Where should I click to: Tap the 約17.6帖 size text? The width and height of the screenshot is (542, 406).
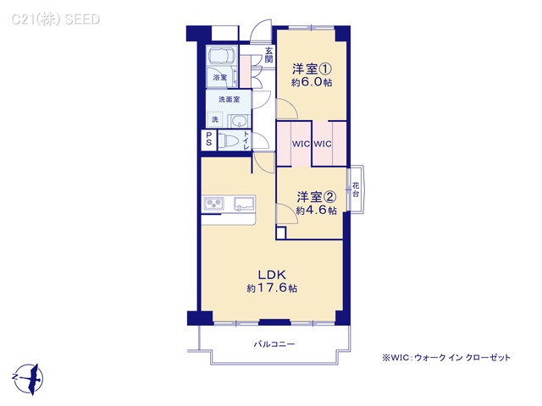(272, 288)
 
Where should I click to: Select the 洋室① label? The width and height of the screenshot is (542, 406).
(312, 69)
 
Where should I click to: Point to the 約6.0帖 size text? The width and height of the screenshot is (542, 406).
(312, 83)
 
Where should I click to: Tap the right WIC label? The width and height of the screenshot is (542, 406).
(323, 144)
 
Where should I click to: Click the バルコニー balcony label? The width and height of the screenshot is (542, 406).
(274, 345)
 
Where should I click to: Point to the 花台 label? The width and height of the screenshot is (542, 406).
(356, 189)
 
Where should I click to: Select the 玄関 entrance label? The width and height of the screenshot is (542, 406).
(268, 56)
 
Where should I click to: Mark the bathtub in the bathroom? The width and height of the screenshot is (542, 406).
(222, 58)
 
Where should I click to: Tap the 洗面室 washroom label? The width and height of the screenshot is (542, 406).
(229, 100)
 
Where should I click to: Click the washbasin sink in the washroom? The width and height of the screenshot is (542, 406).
(237, 120)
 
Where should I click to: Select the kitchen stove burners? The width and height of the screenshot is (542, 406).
(213, 204)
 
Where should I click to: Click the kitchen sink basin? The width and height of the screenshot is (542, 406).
(242, 204)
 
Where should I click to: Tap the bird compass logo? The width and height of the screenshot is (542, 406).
(29, 374)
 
